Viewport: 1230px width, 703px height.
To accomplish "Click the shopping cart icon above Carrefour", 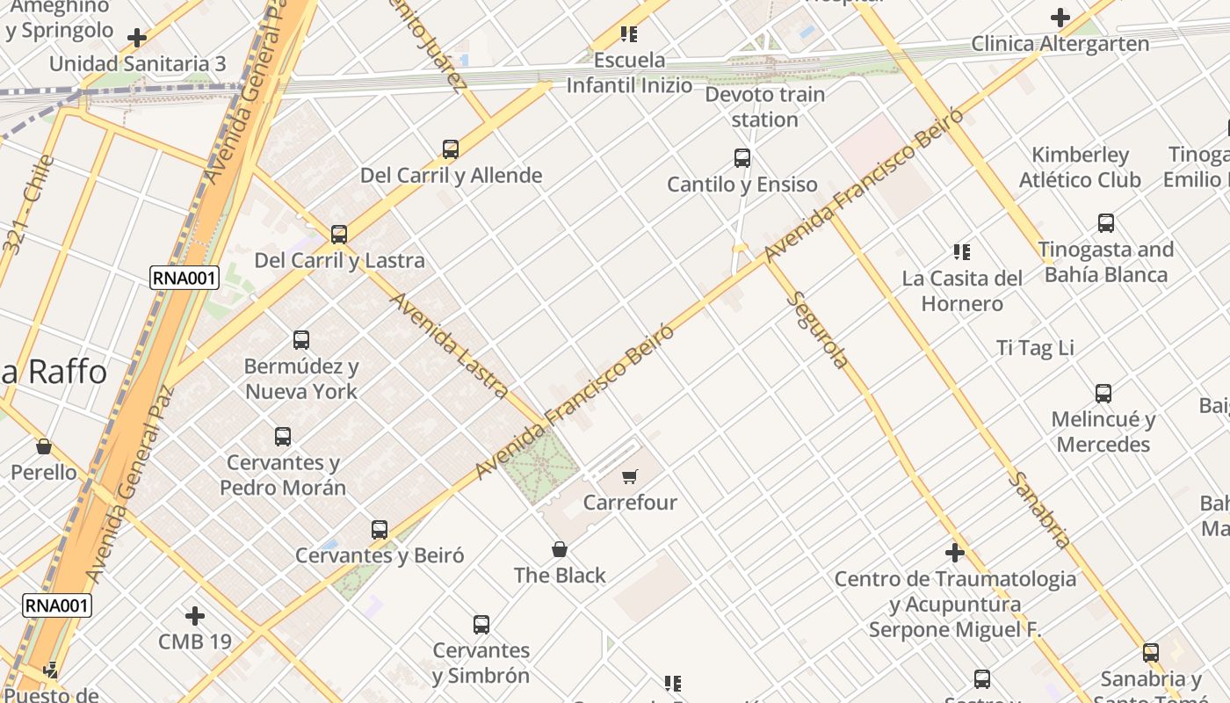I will pyautogui.click(x=629, y=477).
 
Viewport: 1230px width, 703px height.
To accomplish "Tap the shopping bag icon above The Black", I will pyautogui.click(x=560, y=550).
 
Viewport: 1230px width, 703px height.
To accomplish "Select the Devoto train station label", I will pyautogui.click(x=764, y=107).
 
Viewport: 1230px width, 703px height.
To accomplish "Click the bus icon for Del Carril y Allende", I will pyautogui.click(x=451, y=149).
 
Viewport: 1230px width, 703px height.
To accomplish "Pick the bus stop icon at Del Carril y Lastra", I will pyautogui.click(x=339, y=235).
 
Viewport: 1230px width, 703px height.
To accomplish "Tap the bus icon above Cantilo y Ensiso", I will pyautogui.click(x=742, y=158).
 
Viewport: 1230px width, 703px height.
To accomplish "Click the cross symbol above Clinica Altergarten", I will pyautogui.click(x=1060, y=18).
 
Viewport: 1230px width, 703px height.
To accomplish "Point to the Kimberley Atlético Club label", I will pyautogui.click(x=1080, y=167).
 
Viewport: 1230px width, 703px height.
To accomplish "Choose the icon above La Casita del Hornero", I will pyautogui.click(x=962, y=252).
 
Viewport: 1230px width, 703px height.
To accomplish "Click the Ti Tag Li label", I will pyautogui.click(x=1035, y=348).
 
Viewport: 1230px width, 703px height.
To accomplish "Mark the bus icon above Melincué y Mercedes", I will pyautogui.click(x=1103, y=394).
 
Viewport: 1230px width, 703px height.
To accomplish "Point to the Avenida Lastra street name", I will pyautogui.click(x=449, y=344).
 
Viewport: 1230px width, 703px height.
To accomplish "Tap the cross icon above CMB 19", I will pyautogui.click(x=195, y=616).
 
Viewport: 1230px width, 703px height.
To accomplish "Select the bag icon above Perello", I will pyautogui.click(x=44, y=446).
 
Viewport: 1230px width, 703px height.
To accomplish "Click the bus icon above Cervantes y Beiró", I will pyautogui.click(x=380, y=530).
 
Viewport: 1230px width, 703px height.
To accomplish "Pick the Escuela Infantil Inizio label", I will pyautogui.click(x=629, y=73).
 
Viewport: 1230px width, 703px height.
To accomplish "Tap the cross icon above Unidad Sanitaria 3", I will pyautogui.click(x=137, y=38).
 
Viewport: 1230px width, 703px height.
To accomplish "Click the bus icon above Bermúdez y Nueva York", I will pyautogui.click(x=301, y=340).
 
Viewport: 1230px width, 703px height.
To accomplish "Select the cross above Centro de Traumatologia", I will pyautogui.click(x=955, y=553).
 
